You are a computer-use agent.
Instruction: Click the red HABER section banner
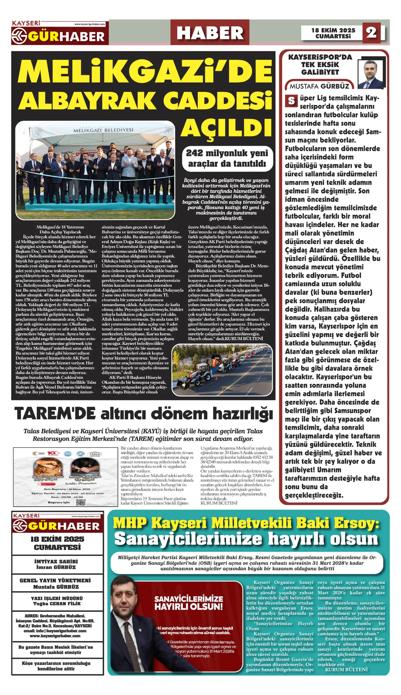(210, 33)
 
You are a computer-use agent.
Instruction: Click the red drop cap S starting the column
(291, 101)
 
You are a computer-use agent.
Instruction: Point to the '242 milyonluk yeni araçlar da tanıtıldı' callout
(227, 158)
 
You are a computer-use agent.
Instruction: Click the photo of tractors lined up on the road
(222, 370)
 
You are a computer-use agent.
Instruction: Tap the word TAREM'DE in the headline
(55, 414)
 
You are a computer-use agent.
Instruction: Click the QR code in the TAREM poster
(81, 502)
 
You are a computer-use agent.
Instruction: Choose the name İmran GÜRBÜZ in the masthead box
(56, 567)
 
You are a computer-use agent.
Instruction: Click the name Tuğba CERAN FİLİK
(57, 603)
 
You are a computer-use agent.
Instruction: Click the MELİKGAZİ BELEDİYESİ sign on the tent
(103, 130)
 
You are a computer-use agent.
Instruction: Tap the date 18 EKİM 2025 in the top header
(333, 30)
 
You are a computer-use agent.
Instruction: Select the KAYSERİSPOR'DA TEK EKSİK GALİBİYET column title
(320, 65)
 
